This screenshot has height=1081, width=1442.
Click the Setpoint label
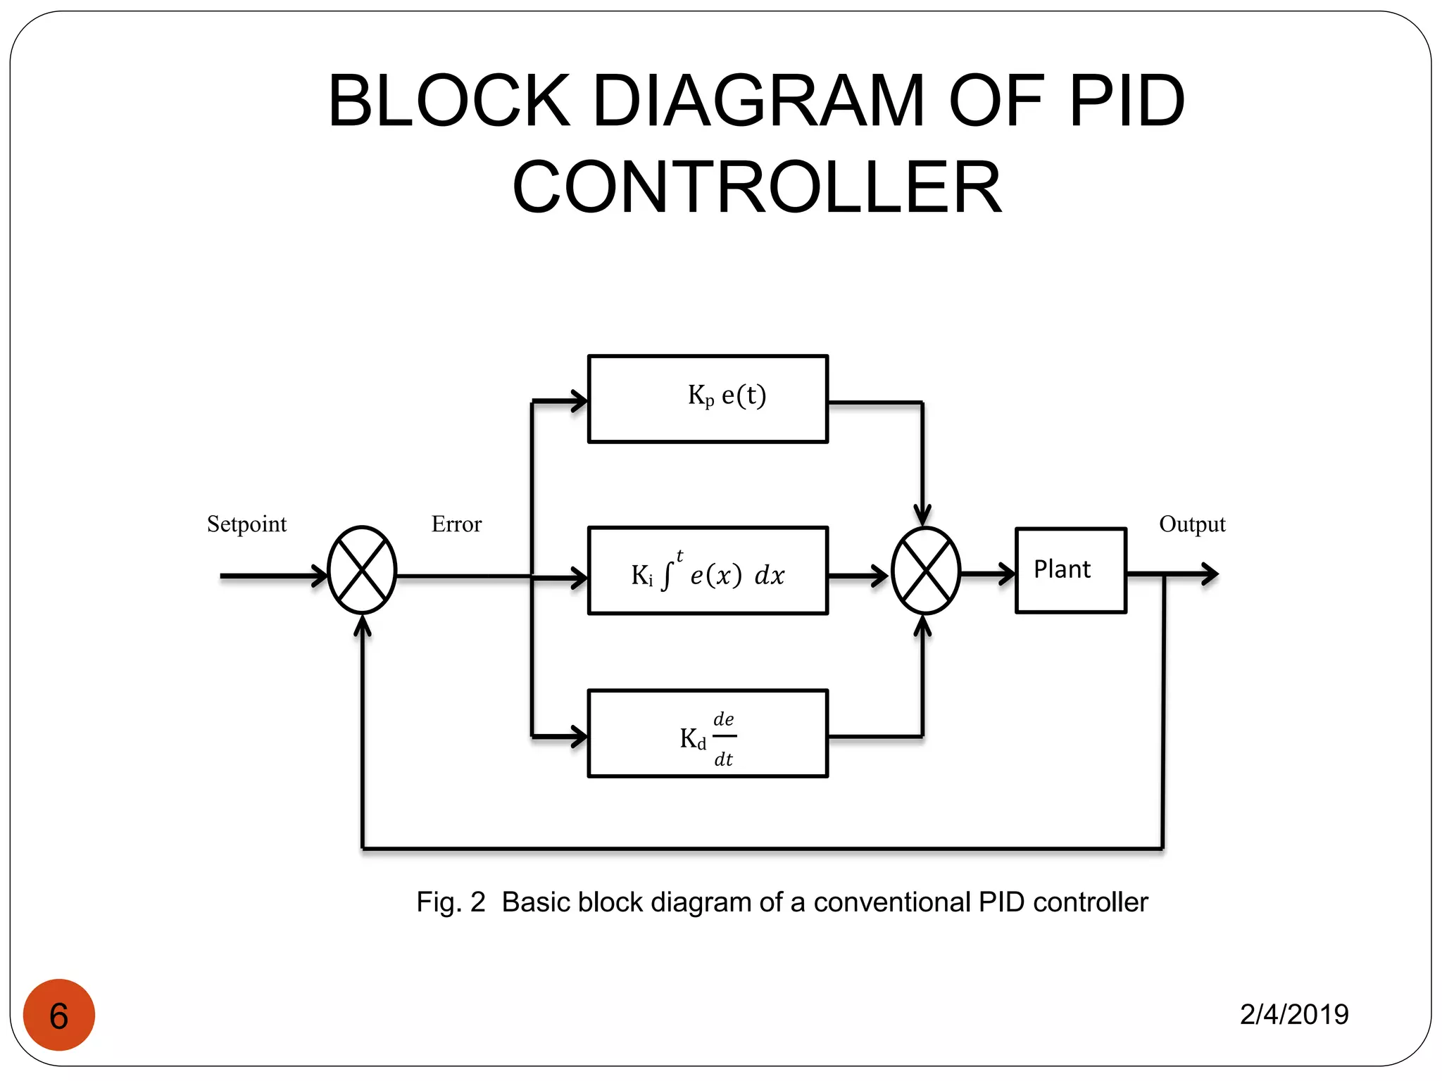click(246, 524)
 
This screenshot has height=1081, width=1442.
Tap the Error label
click(456, 524)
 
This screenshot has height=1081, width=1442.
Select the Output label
click(1192, 524)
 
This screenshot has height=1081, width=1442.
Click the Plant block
click(1070, 570)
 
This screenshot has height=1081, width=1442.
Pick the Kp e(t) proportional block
click(708, 399)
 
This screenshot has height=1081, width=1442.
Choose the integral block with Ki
click(708, 571)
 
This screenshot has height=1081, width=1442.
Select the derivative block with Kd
click(708, 733)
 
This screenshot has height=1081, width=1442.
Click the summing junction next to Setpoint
click(362, 570)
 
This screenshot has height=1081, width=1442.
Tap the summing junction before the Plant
click(925, 571)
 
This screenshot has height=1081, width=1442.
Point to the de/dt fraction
click(724, 738)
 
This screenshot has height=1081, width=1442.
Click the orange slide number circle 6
click(59, 1015)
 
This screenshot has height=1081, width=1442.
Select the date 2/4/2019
click(1294, 1014)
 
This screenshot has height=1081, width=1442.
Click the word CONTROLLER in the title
click(757, 187)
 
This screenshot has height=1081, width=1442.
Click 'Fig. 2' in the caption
click(451, 902)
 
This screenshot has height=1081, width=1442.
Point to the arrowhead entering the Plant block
click(1007, 574)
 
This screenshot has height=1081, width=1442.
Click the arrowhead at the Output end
click(1210, 574)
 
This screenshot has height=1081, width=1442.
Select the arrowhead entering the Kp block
click(579, 401)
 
